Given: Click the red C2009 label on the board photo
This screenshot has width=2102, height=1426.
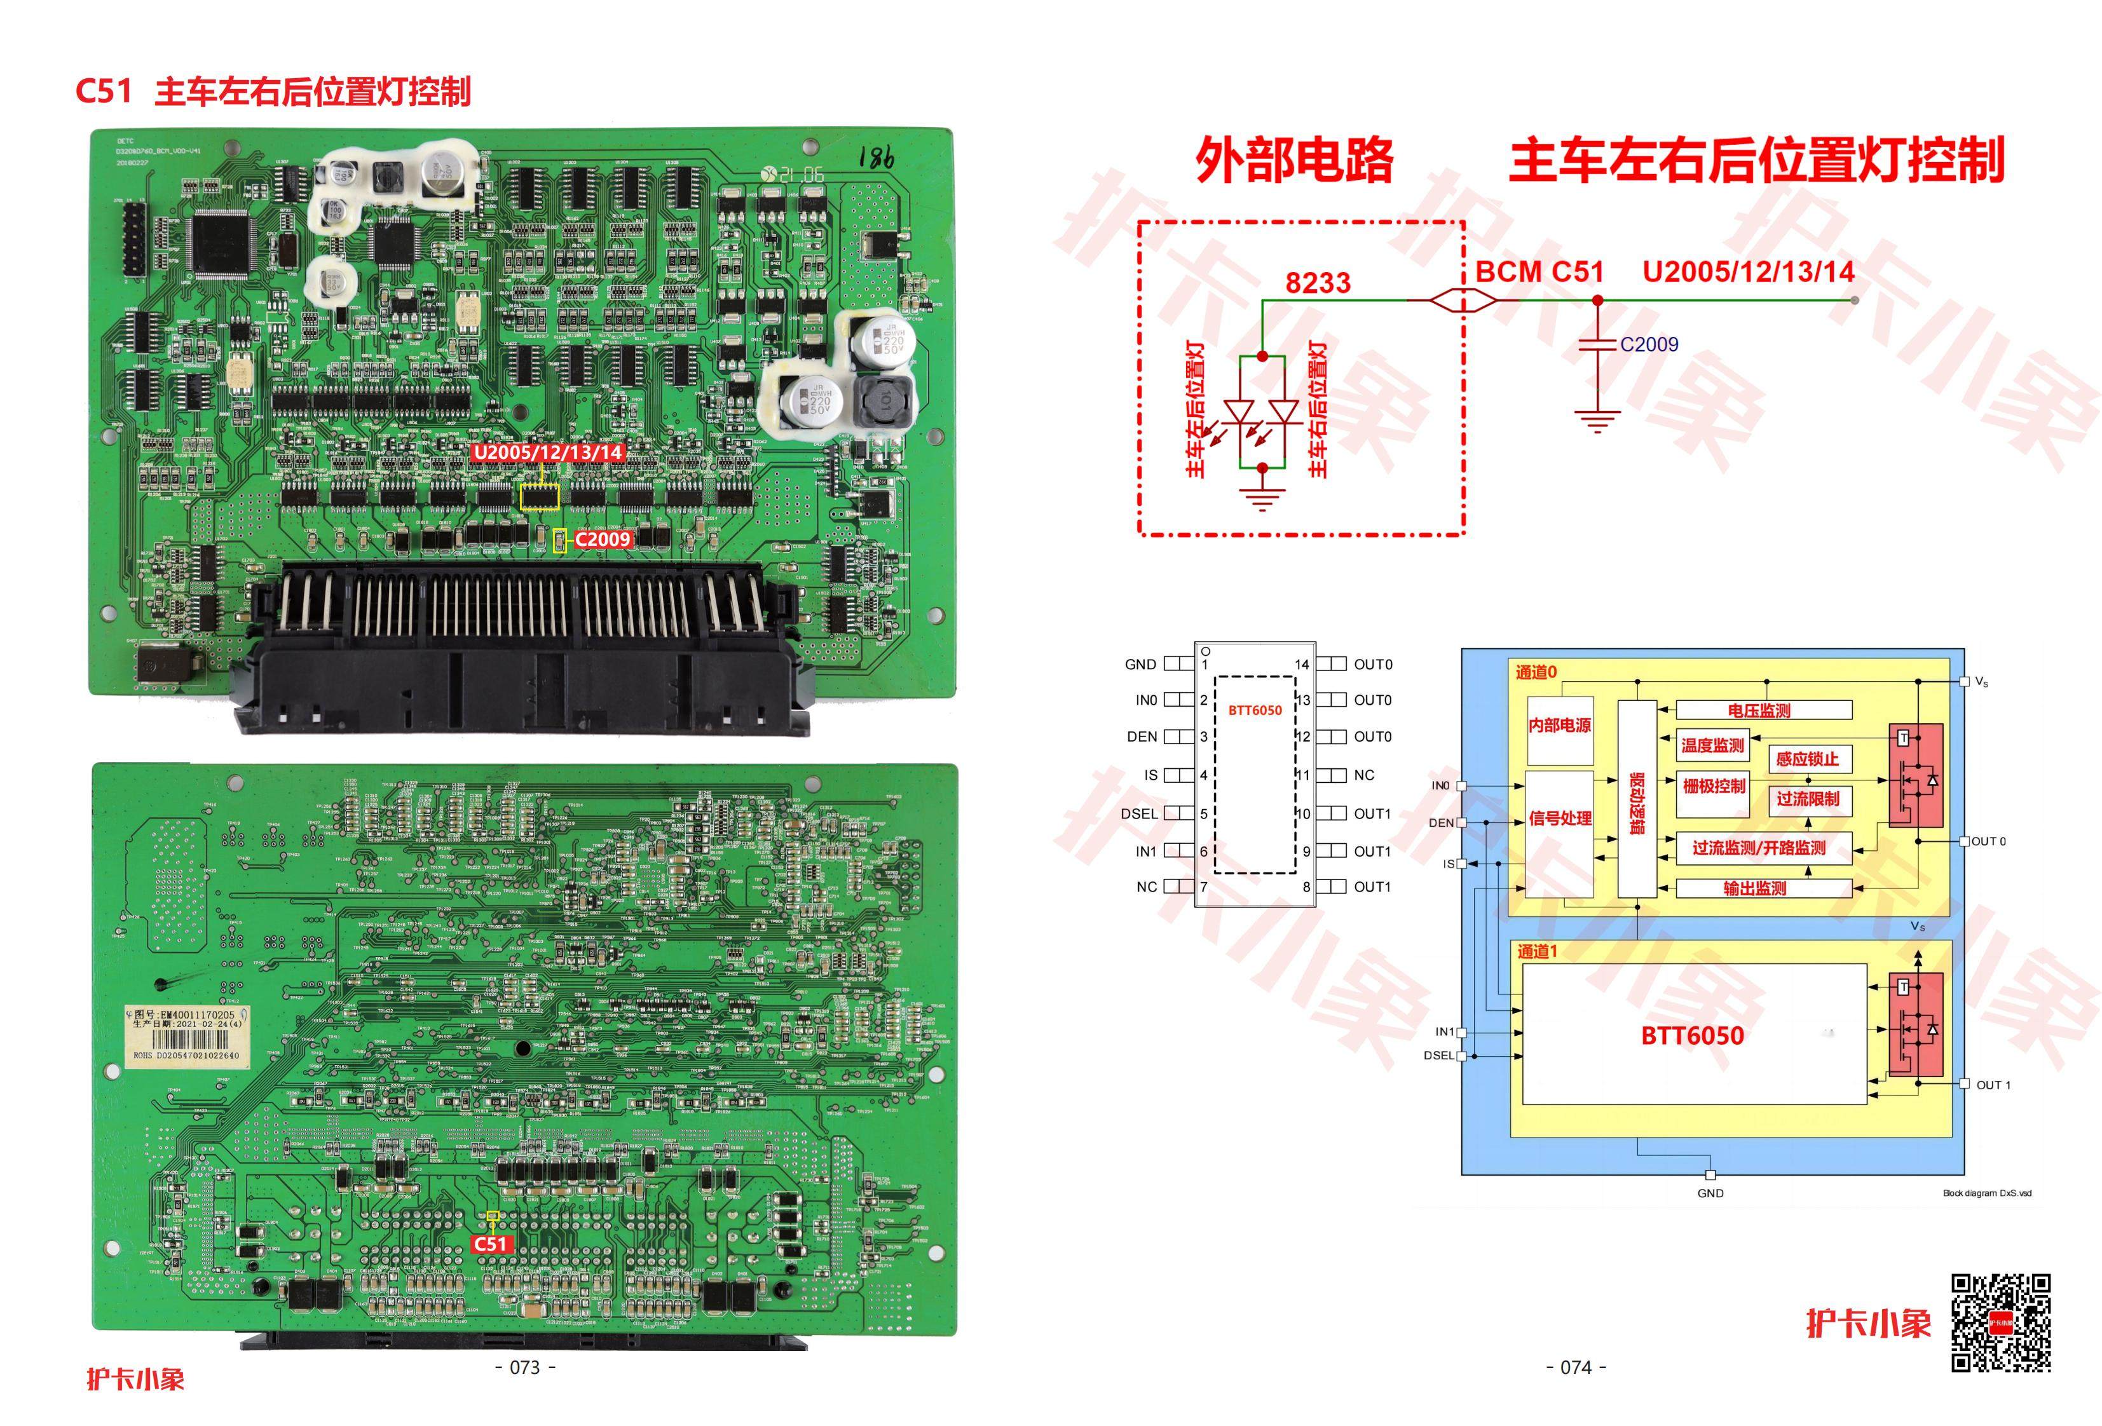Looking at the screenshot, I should tap(603, 539).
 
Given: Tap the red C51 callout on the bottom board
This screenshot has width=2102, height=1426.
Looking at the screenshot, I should tap(490, 1244).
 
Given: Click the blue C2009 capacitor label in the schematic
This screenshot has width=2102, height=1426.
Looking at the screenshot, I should tap(1649, 344).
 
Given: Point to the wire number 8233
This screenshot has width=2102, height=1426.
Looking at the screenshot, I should tap(1318, 283).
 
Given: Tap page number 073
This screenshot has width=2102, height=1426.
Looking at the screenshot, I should tap(526, 1368).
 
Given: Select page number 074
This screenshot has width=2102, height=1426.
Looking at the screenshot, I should tap(1576, 1368).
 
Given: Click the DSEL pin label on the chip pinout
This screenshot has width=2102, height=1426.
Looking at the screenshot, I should tap(1139, 814).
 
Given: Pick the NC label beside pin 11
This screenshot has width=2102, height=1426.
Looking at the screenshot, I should tap(1364, 775).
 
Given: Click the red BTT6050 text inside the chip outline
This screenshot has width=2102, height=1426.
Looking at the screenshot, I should tap(1255, 710).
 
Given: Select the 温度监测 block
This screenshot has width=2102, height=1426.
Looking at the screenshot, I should tap(1712, 745).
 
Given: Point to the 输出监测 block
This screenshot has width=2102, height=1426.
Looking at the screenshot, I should tap(1755, 889).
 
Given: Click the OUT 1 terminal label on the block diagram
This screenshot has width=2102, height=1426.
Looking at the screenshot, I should tap(1993, 1085).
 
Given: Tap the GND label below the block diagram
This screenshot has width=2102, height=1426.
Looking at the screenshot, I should tap(1710, 1193).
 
